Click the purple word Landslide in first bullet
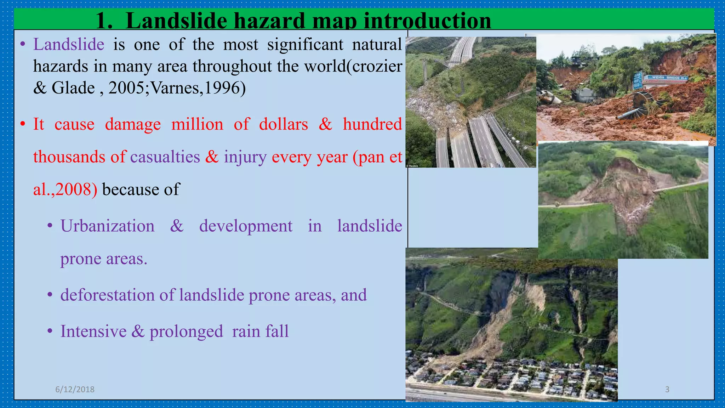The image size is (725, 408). [x=69, y=45]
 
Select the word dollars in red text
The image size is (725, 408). [x=283, y=125]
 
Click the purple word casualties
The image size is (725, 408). [x=165, y=157]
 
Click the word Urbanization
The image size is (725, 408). [x=107, y=226]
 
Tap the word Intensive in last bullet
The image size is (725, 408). [x=93, y=332]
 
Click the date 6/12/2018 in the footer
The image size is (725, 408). [x=75, y=389]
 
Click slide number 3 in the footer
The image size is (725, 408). [x=667, y=389]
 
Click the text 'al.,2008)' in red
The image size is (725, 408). [x=65, y=189]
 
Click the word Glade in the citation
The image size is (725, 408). [x=73, y=88]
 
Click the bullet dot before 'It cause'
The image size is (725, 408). [x=23, y=125]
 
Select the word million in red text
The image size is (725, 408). [x=197, y=125]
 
